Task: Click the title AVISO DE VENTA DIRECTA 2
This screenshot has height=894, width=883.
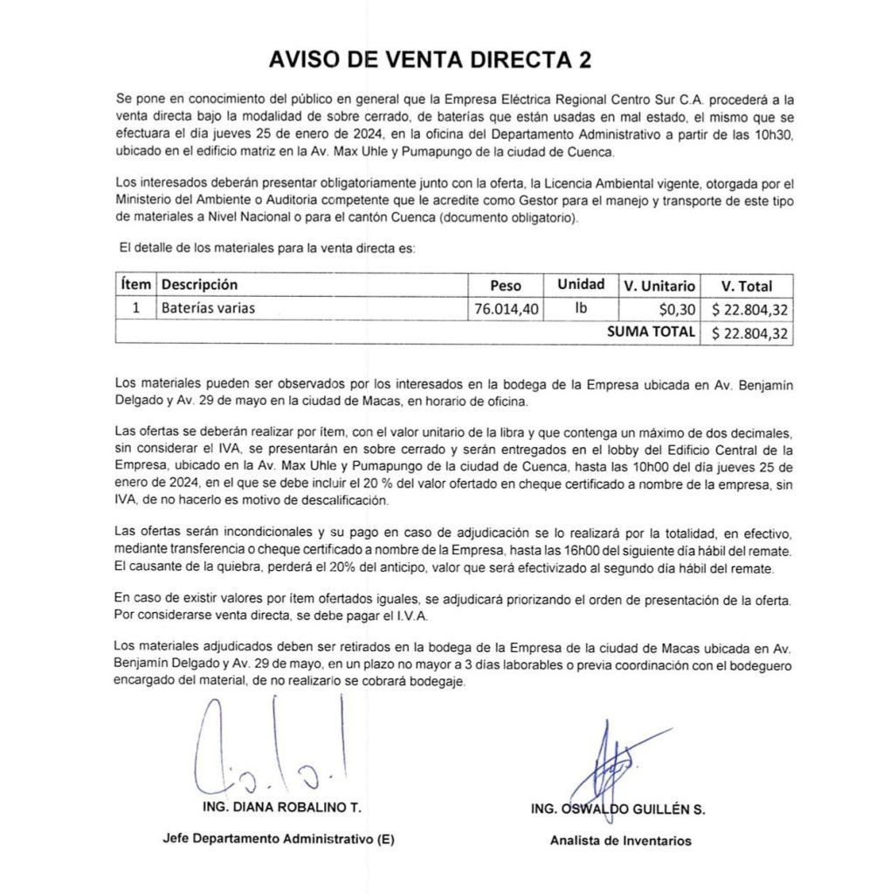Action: pos(429,60)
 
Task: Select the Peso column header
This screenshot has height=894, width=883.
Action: pos(505,285)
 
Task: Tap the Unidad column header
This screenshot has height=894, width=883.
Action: pos(581,285)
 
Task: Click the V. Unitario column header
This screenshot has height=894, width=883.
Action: pos(659,285)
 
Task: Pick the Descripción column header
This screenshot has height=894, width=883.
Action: pos(199,285)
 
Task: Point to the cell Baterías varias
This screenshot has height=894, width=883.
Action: pos(208,308)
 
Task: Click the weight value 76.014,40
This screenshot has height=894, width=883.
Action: pos(507,308)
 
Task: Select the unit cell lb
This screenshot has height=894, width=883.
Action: pos(581,308)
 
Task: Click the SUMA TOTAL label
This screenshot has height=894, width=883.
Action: pos(651,332)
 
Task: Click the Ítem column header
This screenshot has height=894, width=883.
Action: pos(135,285)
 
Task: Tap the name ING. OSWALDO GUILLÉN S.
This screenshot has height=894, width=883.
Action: pos(617,809)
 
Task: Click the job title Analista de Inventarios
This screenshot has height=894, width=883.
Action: pos(619,841)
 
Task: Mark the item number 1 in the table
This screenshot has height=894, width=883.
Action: pos(135,308)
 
